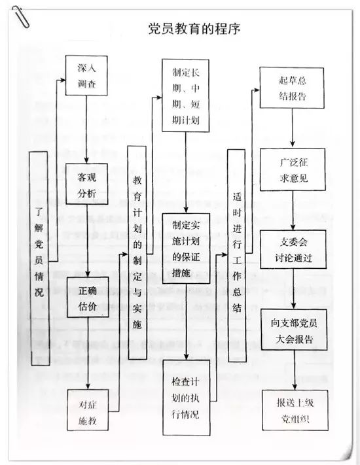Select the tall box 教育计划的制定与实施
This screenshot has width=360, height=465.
136,252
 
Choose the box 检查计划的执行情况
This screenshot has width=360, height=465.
186,397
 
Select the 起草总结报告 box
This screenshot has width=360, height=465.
291,88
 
